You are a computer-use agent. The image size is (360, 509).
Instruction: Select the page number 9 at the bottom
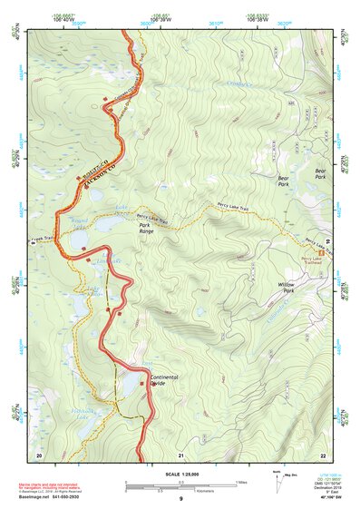coord(181,499)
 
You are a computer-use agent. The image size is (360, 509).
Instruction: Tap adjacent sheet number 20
coord(39,454)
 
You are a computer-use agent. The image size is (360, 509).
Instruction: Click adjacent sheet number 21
coord(181,454)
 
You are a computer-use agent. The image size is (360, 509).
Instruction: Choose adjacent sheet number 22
coord(323,454)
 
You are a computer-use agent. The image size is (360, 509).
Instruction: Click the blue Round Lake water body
coord(106,223)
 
